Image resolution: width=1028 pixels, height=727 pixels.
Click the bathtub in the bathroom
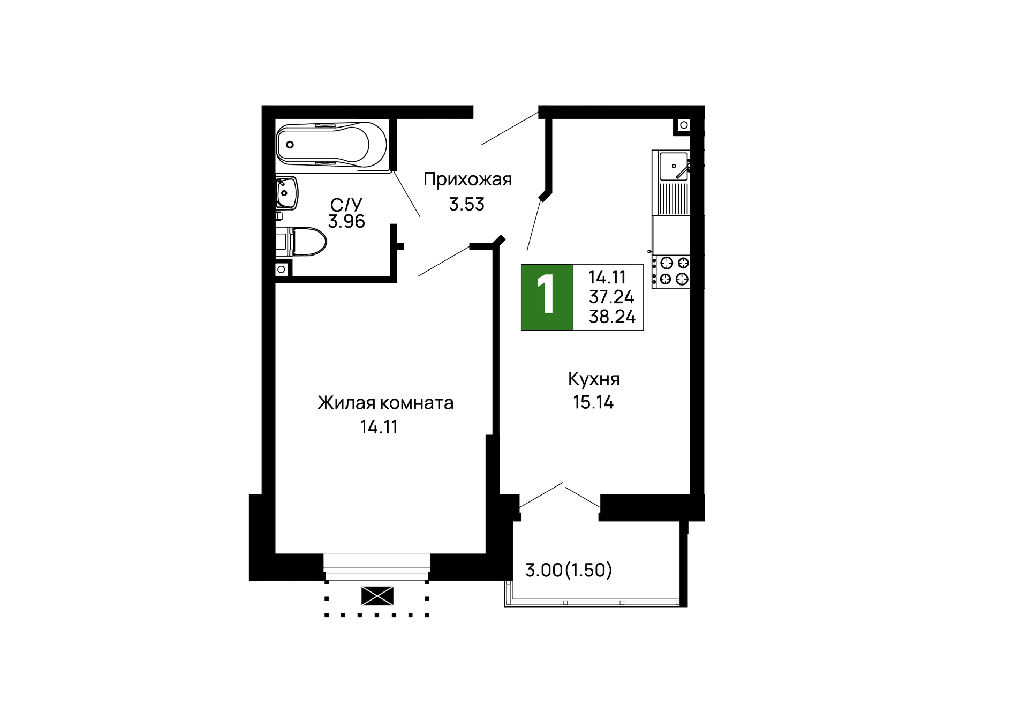[332, 145]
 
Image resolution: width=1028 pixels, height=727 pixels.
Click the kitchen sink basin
[673, 166]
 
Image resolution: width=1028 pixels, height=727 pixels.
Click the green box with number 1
[547, 297]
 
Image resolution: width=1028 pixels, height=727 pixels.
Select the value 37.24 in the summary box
[611, 297]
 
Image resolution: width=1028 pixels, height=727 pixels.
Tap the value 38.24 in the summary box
[612, 317]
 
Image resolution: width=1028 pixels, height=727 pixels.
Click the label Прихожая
[467, 179]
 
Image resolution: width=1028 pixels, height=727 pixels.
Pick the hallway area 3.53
[466, 204]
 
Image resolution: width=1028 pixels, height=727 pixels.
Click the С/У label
[346, 204]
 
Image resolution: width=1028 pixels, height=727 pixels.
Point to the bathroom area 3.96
[346, 221]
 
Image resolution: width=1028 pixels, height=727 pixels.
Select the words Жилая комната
[385, 402]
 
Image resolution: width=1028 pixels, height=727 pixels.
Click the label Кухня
[594, 379]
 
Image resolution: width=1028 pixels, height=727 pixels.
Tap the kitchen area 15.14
[593, 402]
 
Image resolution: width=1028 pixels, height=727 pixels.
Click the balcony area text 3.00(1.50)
[568, 570]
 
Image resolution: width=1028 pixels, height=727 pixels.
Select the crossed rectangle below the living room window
[377, 596]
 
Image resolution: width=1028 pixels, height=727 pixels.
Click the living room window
[377, 567]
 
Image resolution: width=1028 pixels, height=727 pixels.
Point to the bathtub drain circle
[290, 145]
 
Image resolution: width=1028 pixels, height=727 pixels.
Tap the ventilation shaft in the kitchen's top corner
[684, 125]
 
